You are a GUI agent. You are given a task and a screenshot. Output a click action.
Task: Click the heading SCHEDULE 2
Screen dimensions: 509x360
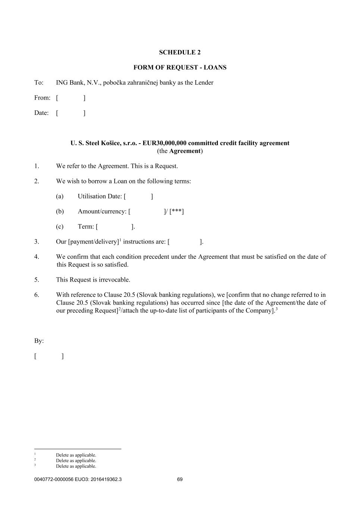tap(180, 52)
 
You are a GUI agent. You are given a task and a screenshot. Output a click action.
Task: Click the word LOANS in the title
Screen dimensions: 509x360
tap(215, 67)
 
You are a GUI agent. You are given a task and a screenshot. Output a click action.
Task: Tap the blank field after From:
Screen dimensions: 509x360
tap(71, 98)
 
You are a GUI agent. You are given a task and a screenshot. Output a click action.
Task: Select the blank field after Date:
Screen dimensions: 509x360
tap(71, 113)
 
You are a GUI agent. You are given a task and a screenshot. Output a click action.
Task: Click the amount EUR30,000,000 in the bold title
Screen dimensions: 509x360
tap(164, 143)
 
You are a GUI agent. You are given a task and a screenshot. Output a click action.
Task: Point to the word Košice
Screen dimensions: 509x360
tap(111, 143)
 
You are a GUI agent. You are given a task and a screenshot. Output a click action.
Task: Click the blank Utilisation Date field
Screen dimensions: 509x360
tap(138, 197)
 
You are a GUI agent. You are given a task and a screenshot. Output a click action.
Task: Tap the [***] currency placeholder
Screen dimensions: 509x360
tap(177, 212)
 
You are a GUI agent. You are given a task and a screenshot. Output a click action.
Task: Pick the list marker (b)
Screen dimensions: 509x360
tap(60, 211)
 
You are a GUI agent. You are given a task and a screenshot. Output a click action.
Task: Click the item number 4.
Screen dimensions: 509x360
tap(37, 257)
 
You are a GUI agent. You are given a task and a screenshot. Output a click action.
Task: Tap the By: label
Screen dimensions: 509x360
tap(39, 341)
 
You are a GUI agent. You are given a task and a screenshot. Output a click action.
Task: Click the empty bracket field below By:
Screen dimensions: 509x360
tap(49, 356)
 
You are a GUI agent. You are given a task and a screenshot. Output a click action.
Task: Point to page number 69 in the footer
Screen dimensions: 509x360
tap(180, 480)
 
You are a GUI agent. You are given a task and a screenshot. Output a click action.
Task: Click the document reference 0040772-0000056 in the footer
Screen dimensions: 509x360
tap(54, 480)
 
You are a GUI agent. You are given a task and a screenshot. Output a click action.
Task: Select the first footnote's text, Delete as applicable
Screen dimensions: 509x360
tap(76, 455)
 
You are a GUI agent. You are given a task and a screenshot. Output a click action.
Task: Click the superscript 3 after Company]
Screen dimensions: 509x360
tap(276, 309)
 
